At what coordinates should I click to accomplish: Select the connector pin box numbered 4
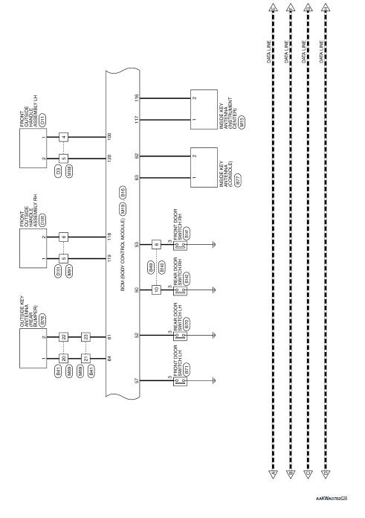[x=65, y=138]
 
